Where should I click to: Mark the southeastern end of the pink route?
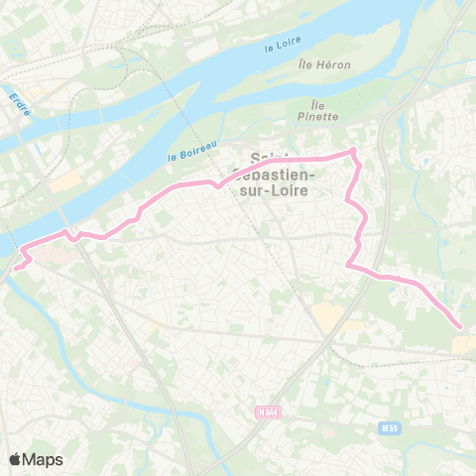[x=460, y=326]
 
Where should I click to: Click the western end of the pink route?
[x=14, y=267]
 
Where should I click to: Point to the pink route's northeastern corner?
[x=352, y=152]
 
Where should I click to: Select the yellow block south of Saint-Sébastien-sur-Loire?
[x=325, y=317]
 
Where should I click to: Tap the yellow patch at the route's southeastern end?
[x=464, y=342]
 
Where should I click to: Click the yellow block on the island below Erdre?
[x=65, y=181]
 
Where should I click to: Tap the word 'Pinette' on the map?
[x=325, y=116]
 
